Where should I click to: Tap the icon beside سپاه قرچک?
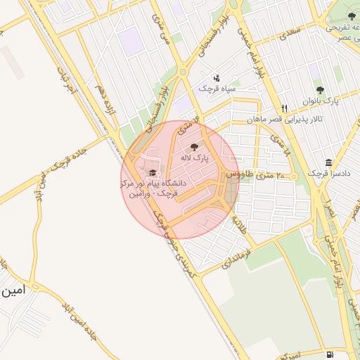[217, 78]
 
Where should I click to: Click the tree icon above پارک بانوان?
[321, 90]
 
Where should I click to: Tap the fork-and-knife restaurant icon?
[284, 108]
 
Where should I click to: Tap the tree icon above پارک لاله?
[195, 147]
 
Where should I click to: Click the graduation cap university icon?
[152, 172]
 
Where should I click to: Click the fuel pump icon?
[330, 353]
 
